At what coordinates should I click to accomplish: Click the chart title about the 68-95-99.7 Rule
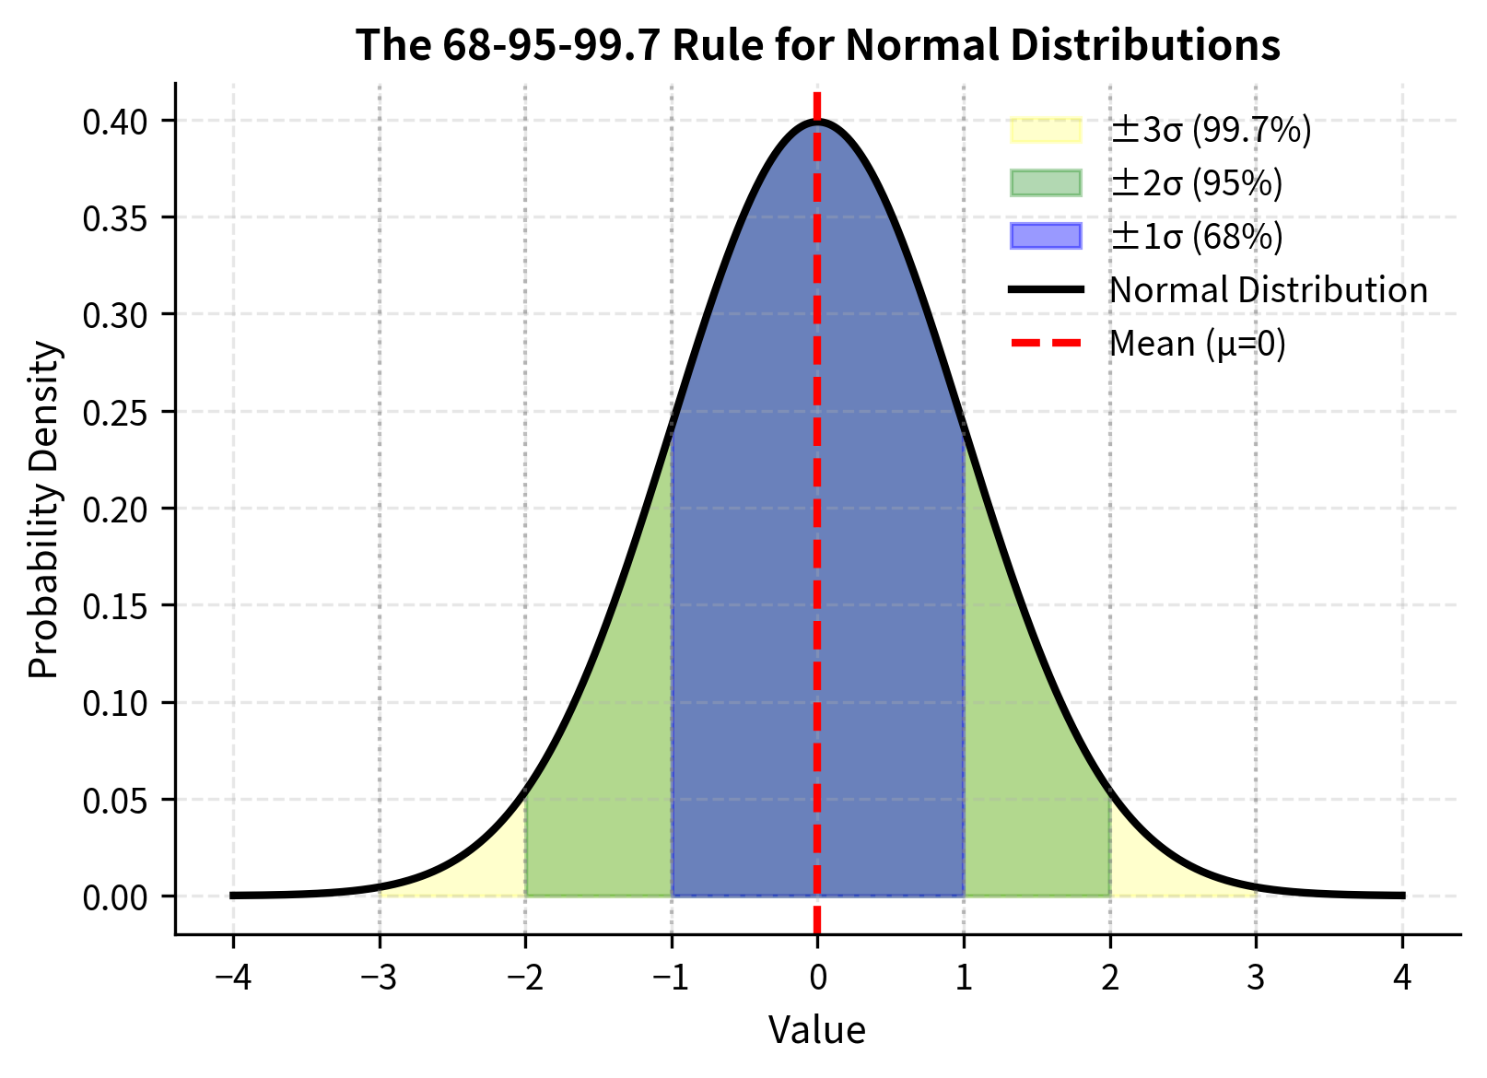(x=817, y=44)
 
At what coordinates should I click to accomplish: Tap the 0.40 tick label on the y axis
(x=116, y=122)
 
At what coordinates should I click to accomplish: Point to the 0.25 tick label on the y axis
(x=116, y=413)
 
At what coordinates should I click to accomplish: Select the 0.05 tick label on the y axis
(x=116, y=801)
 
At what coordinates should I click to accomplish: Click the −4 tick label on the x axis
(x=233, y=977)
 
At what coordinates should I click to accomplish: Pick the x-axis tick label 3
(x=1256, y=977)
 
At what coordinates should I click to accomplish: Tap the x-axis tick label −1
(x=671, y=977)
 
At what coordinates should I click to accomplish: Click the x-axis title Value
(x=817, y=1030)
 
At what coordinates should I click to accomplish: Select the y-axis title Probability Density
(x=43, y=509)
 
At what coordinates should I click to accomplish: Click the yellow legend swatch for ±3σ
(x=1046, y=130)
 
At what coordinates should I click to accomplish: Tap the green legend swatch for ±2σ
(x=1046, y=183)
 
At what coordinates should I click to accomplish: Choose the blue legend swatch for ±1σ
(x=1046, y=237)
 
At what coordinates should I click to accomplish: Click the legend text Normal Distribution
(x=1268, y=290)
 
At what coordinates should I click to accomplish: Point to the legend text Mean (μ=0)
(x=1197, y=344)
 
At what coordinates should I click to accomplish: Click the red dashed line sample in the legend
(x=1046, y=344)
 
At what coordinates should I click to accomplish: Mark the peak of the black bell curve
(x=817, y=121)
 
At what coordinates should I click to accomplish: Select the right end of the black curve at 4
(x=1401, y=895)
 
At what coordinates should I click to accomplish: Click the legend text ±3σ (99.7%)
(x=1210, y=130)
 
